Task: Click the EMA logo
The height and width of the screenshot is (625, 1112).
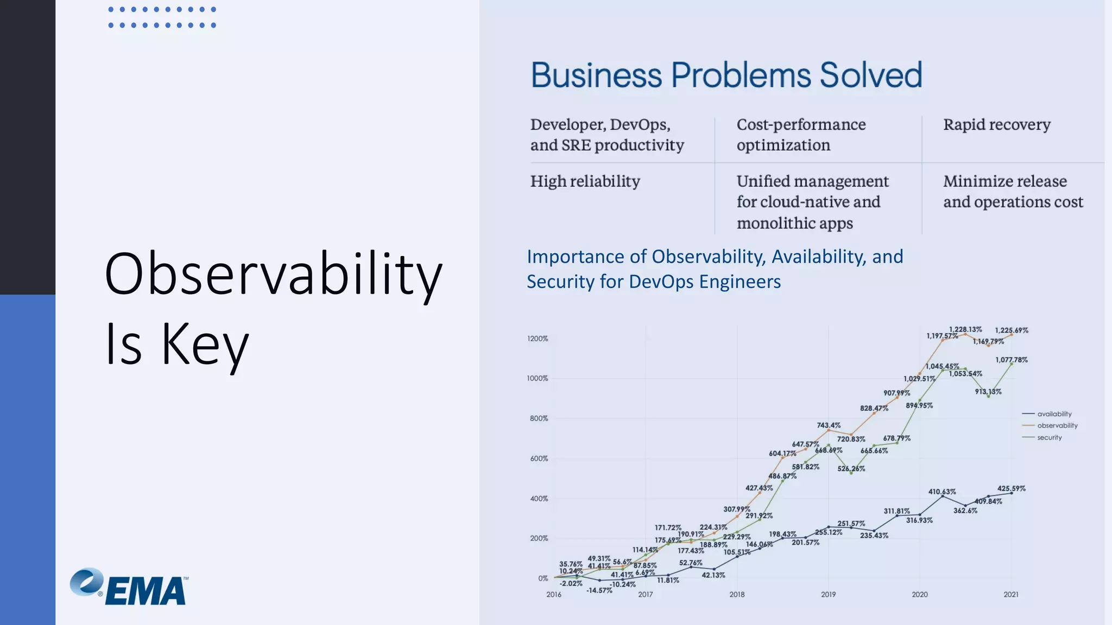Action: click(x=129, y=587)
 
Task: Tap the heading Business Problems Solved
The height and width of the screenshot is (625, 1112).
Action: click(x=726, y=75)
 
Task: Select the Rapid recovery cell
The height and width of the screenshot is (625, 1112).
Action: click(x=996, y=125)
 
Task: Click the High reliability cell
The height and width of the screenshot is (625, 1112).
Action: click(x=585, y=181)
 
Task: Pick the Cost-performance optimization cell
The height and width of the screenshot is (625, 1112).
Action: click(x=801, y=135)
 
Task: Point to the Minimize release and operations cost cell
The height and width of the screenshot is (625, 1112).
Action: click(x=1013, y=192)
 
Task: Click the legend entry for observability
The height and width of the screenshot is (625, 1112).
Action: click(x=1057, y=425)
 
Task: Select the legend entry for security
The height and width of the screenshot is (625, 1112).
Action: click(x=1049, y=437)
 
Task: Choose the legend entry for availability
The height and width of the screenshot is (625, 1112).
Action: click(x=1054, y=414)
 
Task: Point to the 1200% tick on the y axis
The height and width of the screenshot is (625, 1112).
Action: click(x=538, y=339)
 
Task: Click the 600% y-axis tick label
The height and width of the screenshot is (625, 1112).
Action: click(x=539, y=458)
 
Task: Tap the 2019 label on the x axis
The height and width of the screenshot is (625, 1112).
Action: click(x=828, y=595)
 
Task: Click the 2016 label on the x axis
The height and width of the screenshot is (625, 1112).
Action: click(x=554, y=595)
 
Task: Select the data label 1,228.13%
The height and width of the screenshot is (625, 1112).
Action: click(x=965, y=329)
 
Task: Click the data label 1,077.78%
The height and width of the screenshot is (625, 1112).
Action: click(x=1011, y=360)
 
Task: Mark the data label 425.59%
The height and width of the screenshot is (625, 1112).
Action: click(x=1011, y=488)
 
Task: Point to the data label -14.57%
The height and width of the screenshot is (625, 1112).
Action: click(x=599, y=590)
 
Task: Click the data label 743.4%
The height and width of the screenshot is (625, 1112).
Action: click(x=829, y=425)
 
